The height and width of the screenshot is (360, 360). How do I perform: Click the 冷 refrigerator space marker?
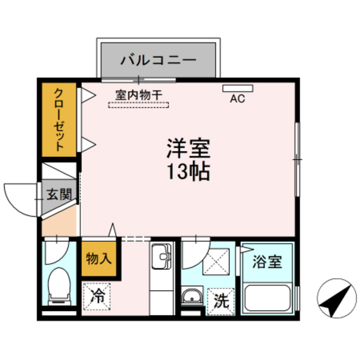(x=98, y=296)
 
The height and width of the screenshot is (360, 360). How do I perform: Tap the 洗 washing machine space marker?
(x=221, y=300)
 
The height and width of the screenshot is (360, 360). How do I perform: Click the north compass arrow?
(x=337, y=300)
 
